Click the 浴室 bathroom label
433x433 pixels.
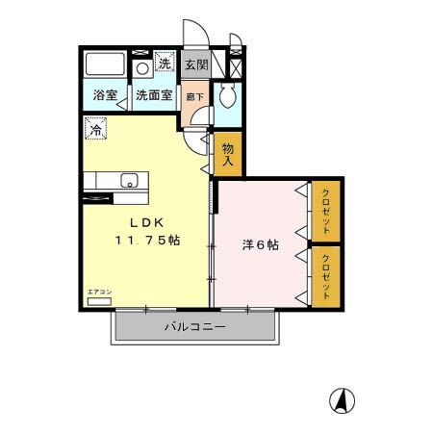click(105, 96)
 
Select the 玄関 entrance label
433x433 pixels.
click(196, 65)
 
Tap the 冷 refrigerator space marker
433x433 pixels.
click(95, 126)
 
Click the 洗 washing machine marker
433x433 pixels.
click(165, 65)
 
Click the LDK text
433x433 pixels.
click(141, 224)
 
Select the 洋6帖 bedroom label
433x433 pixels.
click(259, 245)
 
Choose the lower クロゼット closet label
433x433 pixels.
click(327, 276)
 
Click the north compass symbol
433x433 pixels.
click(344, 396)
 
